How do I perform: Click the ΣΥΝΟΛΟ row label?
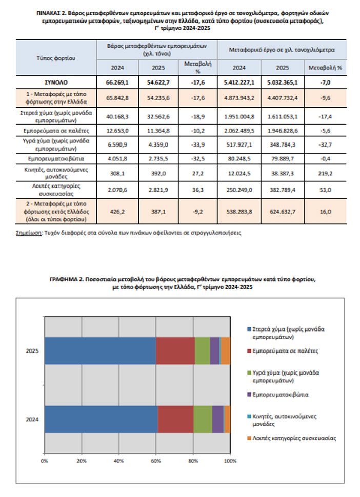click(x=55, y=81)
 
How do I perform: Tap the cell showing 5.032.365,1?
click(x=282, y=81)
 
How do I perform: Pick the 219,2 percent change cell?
click(x=325, y=173)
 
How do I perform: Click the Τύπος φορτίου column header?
click(x=55, y=58)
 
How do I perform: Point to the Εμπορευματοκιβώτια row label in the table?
click(x=55, y=159)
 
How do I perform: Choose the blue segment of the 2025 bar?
click(x=100, y=350)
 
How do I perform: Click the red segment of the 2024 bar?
click(x=175, y=419)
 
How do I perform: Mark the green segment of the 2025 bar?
click(x=202, y=350)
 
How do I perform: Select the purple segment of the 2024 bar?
click(x=217, y=419)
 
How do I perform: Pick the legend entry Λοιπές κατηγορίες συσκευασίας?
click(x=291, y=438)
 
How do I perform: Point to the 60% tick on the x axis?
click(x=156, y=461)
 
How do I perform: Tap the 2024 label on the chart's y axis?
click(x=32, y=419)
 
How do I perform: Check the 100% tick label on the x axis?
click(x=230, y=461)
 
